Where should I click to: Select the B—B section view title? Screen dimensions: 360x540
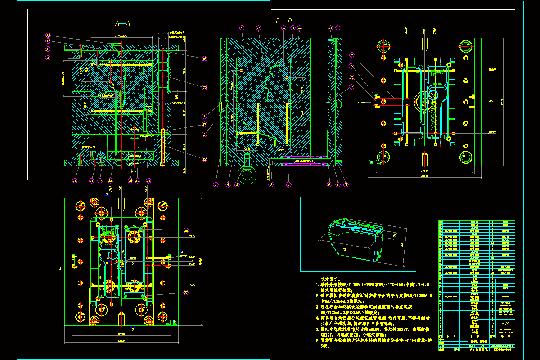pos(283,21)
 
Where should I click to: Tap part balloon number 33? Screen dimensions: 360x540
pos(48,35)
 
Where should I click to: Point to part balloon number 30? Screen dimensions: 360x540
pos(48,58)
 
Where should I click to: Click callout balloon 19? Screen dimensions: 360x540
pos(204,58)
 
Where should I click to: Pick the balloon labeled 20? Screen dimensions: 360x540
pos(204,88)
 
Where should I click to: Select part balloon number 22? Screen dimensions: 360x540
pos(204,159)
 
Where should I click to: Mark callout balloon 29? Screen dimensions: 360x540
pos(75,181)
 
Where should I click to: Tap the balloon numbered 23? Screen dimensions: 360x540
pos(148,181)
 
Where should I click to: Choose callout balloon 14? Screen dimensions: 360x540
pos(300,28)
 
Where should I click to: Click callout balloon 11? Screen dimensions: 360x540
pos(351,89)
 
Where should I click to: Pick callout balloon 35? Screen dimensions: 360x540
pos(352,66)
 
